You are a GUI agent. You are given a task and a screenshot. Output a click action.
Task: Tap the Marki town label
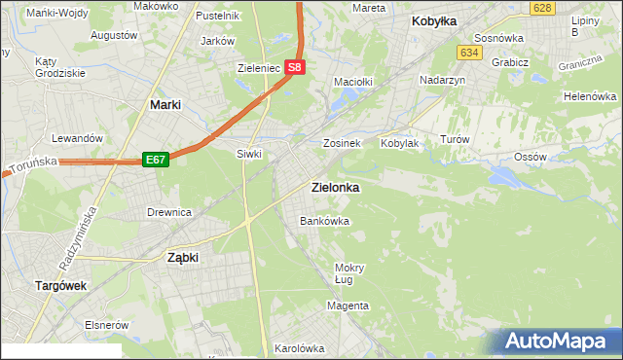point(168,103)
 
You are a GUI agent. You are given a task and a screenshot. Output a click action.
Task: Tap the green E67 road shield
point(157,159)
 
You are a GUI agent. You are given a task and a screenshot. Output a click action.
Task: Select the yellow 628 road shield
point(543,8)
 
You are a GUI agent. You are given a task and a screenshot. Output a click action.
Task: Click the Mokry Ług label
point(348,273)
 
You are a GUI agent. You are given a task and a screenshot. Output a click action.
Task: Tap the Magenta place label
point(348,306)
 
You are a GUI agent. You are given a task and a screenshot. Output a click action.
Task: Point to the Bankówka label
point(323,221)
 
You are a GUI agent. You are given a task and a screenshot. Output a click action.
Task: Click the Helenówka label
point(591,97)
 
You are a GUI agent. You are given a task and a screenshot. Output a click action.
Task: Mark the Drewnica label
point(168,211)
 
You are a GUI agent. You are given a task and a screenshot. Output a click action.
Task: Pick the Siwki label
point(250,154)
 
